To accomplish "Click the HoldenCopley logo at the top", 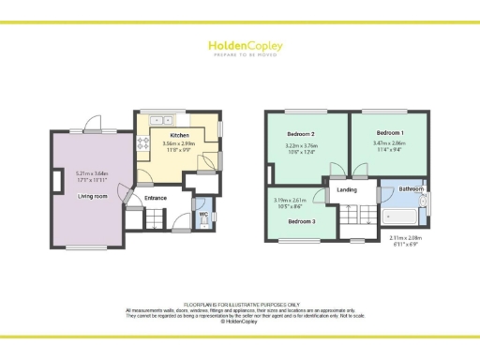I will pos(239,46).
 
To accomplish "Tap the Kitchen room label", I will pos(179,135).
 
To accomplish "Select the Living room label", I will pos(91,196).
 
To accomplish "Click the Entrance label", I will pos(156,198).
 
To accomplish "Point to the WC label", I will pos(202,215).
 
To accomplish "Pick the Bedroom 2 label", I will pos(302,135).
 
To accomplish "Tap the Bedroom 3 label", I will pos(300,221).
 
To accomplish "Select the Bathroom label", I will pos(411,189).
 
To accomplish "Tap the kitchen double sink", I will pos(160,119).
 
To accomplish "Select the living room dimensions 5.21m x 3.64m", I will pos(92,175).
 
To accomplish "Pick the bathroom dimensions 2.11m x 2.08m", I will pos(406,240).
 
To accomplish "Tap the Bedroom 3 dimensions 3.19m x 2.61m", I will pos(288,202).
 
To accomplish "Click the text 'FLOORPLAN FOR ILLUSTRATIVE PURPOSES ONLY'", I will pos(239,305).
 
